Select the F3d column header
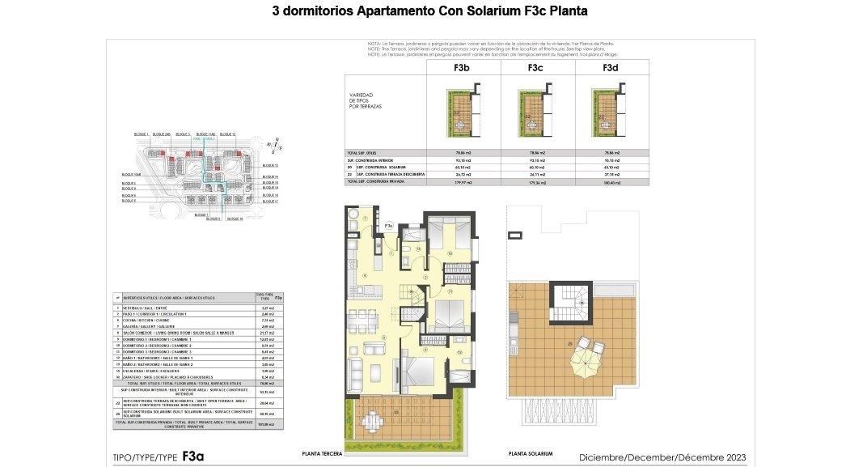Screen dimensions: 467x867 click(x=611, y=68)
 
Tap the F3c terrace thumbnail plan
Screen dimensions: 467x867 click(x=535, y=114)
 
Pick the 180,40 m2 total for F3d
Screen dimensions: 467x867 click(x=611, y=183)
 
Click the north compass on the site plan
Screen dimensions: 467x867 click(x=276, y=146)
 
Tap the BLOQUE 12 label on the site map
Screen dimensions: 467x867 click(x=227, y=134)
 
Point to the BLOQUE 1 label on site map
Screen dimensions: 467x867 click(x=142, y=134)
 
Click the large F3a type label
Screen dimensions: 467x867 click(x=193, y=456)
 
